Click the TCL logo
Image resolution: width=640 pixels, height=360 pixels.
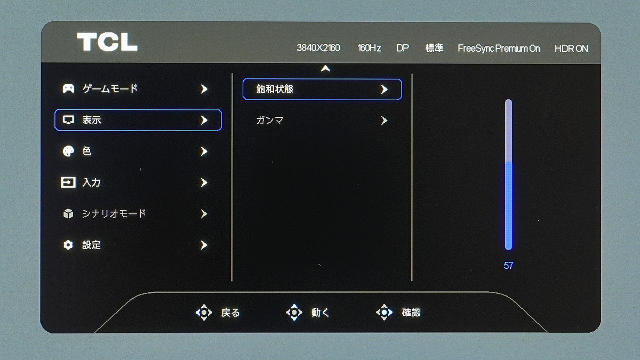pos(107,42)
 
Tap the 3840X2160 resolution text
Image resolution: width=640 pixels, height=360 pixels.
pos(318,47)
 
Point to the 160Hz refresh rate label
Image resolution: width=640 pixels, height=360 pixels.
pos(369,47)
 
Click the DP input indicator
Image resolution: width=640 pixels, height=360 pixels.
pos(403,47)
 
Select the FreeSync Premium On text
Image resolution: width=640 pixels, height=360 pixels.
pos(499,49)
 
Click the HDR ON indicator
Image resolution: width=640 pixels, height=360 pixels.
pos(571,49)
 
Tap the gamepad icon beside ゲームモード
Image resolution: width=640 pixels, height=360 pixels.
pos(68,89)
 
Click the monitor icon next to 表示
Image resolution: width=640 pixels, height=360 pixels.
pos(68,120)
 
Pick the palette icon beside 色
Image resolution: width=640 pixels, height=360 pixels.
pos(68,151)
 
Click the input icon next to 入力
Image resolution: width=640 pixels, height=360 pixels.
pos(68,182)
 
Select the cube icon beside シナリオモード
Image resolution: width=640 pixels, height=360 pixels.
pos(68,213)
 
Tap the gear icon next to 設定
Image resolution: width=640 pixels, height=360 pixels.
pos(68,245)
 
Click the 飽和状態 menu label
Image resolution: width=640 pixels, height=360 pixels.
pos(275,89)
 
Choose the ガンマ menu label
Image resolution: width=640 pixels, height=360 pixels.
pos(270,121)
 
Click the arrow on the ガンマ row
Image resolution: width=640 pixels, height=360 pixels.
pos(385,121)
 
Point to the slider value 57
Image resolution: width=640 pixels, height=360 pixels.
pos(508,266)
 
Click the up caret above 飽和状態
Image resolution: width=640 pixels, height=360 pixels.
pos(325,68)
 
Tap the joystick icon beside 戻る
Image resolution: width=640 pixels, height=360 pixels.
pos(204,313)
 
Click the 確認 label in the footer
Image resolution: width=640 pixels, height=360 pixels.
pos(411,313)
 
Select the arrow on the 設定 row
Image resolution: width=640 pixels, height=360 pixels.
pos(204,245)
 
